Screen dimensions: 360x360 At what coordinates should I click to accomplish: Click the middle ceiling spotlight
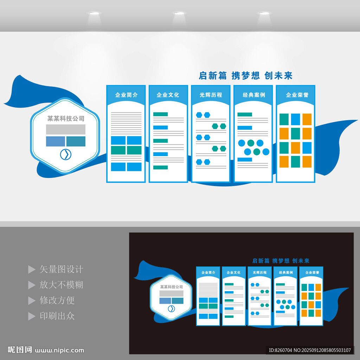[x=179, y=13]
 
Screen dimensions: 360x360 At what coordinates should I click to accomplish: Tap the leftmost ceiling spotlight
[x=94, y=13]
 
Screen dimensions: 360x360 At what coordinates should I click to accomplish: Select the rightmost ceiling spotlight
[x=264, y=13]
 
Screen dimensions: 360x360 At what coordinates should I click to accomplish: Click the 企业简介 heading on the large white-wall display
[x=126, y=95]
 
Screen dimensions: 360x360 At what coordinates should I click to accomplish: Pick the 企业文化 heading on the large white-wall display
[x=168, y=95]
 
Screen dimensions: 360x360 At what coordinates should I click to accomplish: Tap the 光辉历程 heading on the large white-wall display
[x=211, y=95]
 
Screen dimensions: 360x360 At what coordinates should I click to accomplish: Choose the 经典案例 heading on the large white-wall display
[x=253, y=95]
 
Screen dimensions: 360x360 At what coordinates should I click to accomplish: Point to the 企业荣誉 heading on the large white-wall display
[x=296, y=95]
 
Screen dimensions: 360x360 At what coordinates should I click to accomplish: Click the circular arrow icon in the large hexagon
[x=65, y=154]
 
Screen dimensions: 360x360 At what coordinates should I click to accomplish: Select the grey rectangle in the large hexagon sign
[x=65, y=129]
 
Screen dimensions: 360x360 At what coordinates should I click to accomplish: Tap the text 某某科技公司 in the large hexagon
[x=66, y=118]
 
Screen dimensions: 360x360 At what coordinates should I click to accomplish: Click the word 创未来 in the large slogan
[x=278, y=76]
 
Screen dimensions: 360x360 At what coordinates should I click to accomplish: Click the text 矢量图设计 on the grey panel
[x=61, y=269]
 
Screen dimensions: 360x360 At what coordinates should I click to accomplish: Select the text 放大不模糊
[x=61, y=285]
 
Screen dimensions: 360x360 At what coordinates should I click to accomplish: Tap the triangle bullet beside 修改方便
[x=32, y=301]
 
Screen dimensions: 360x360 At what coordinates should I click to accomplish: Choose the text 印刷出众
[x=57, y=316]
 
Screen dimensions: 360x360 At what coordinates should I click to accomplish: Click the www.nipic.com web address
[x=60, y=350]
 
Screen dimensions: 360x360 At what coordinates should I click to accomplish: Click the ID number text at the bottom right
[x=310, y=350]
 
